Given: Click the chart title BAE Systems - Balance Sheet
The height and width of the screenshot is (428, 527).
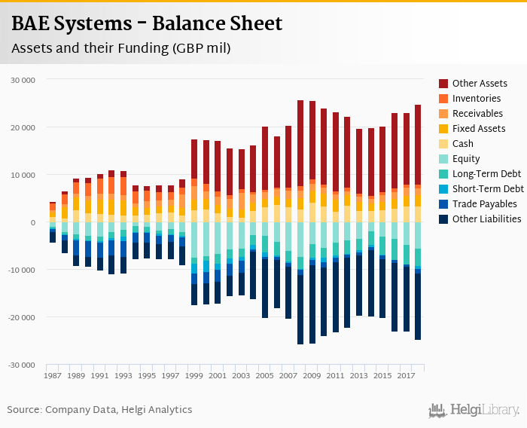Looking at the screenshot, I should (x=147, y=24).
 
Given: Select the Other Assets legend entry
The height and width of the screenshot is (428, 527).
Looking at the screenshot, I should (x=480, y=84).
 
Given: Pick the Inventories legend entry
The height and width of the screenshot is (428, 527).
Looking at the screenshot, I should (x=477, y=99).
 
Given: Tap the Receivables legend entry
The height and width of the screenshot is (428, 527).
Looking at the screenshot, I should (x=478, y=114).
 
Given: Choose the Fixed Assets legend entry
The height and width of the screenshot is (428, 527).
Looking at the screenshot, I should (x=479, y=129).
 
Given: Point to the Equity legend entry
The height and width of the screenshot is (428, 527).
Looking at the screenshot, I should (x=466, y=159).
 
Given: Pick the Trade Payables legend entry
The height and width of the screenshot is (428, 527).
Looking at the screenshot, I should (x=485, y=204).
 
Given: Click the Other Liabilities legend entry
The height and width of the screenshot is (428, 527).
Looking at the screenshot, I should (x=486, y=219).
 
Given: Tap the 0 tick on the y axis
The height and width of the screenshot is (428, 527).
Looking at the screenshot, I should (x=32, y=222).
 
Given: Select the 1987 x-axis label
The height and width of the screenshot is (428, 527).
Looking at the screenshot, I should (x=53, y=375).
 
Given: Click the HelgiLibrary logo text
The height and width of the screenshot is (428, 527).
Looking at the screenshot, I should (x=485, y=410).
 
